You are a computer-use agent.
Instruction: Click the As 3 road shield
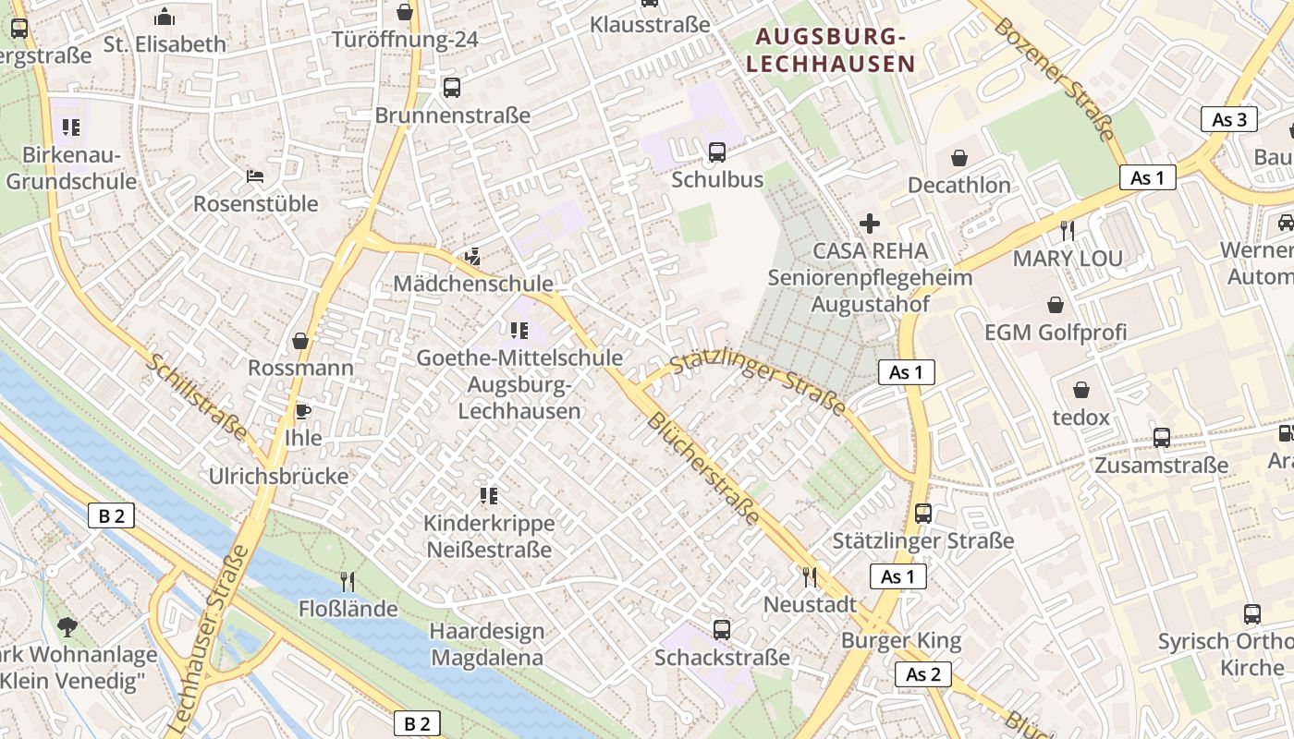pos(1229,119)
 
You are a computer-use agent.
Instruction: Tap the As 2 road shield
pos(922,674)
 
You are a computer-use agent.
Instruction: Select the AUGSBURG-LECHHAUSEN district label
pos(830,50)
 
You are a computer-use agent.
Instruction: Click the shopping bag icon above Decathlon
pos(959,158)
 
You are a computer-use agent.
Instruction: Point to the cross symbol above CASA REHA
pos(869,224)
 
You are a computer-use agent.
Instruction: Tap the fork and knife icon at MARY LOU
pos(1068,230)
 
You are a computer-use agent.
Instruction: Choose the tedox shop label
pos(1080,418)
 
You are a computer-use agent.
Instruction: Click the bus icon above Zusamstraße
pos(1161,438)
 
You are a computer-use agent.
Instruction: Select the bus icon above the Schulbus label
pos(717,152)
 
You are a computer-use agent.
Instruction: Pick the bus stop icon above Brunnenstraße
pos(452,89)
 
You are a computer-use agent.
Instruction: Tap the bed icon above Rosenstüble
pos(255,176)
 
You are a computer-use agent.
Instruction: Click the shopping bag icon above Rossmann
pos(300,342)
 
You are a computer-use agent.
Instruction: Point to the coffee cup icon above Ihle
pos(303,411)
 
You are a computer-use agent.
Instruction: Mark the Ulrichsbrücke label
pos(279,477)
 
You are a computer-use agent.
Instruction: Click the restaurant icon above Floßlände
pos(348,581)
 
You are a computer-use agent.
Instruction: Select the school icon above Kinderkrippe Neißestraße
pos(488,496)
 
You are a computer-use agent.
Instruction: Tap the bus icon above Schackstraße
pos(722,630)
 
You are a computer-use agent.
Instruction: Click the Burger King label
pos(901,640)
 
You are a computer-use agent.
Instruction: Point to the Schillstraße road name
pos(197,397)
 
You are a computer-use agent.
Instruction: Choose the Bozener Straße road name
pos(1053,78)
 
